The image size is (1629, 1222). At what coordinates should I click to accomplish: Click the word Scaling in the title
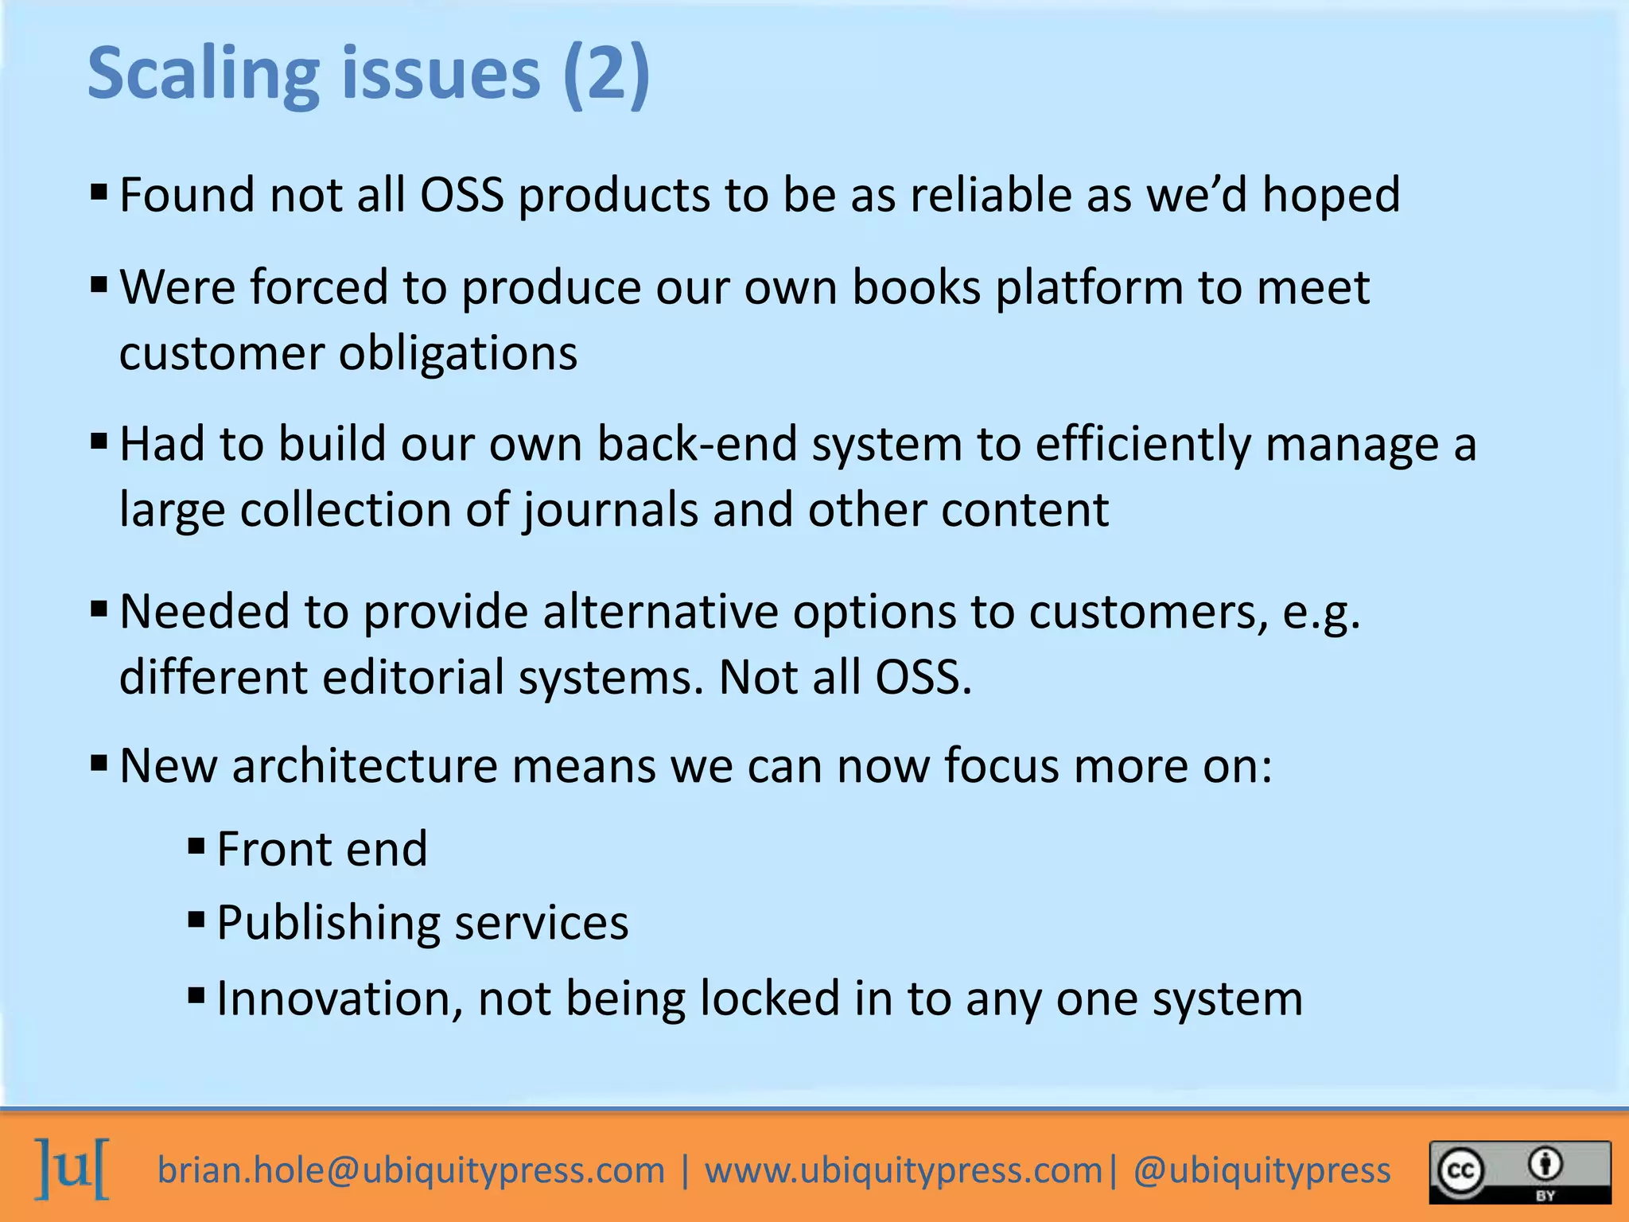click(x=203, y=74)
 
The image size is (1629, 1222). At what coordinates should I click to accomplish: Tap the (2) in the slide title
click(x=606, y=74)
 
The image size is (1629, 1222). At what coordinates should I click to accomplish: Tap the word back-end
click(x=697, y=443)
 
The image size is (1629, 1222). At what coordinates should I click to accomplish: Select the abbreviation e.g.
click(x=1321, y=613)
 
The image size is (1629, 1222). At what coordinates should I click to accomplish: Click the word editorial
click(x=413, y=678)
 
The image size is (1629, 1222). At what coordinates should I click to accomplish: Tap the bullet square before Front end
click(x=196, y=845)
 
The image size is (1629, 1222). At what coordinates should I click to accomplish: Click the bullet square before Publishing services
click(x=196, y=920)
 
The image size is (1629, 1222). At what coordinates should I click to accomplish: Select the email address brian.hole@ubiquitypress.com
click(x=410, y=1170)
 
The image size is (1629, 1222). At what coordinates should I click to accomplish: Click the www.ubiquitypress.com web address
click(x=904, y=1170)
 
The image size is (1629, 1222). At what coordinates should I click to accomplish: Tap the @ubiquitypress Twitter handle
click(x=1262, y=1170)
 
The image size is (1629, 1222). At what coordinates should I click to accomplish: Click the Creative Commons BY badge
click(x=1520, y=1172)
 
